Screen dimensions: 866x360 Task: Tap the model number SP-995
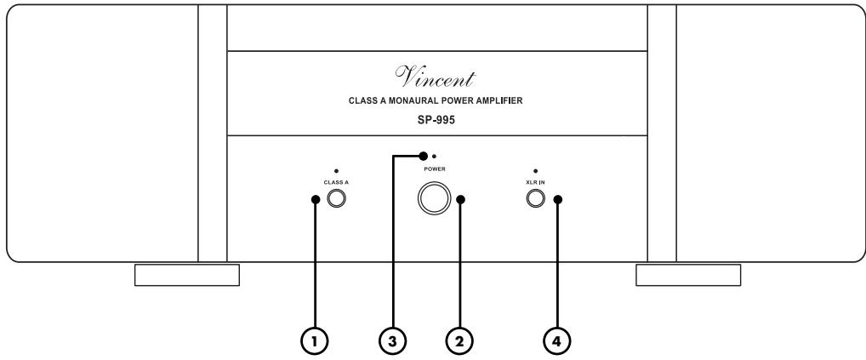click(x=433, y=120)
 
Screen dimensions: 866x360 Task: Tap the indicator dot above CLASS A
click(x=336, y=173)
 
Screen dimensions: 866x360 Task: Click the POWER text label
click(x=433, y=169)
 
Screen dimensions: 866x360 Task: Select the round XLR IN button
click(x=535, y=200)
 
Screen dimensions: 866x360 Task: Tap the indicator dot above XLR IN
click(x=535, y=173)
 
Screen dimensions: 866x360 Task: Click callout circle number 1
click(x=315, y=340)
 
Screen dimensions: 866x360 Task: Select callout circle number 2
click(x=460, y=340)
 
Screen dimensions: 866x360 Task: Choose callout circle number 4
click(x=558, y=340)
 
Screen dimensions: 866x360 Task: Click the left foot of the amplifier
click(x=187, y=275)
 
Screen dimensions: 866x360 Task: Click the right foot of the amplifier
click(x=688, y=275)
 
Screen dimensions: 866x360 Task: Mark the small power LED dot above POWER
click(x=435, y=157)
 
